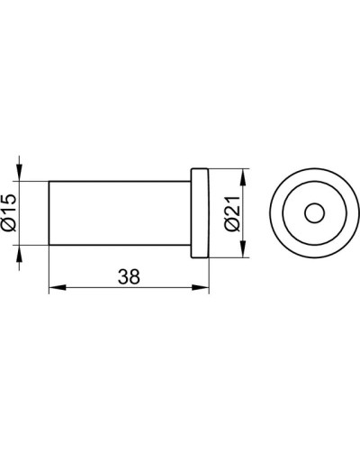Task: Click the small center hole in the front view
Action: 313,213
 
